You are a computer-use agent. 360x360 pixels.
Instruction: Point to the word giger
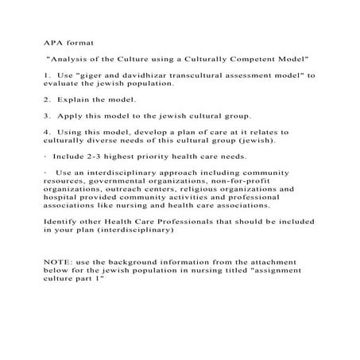click(x=99, y=75)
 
